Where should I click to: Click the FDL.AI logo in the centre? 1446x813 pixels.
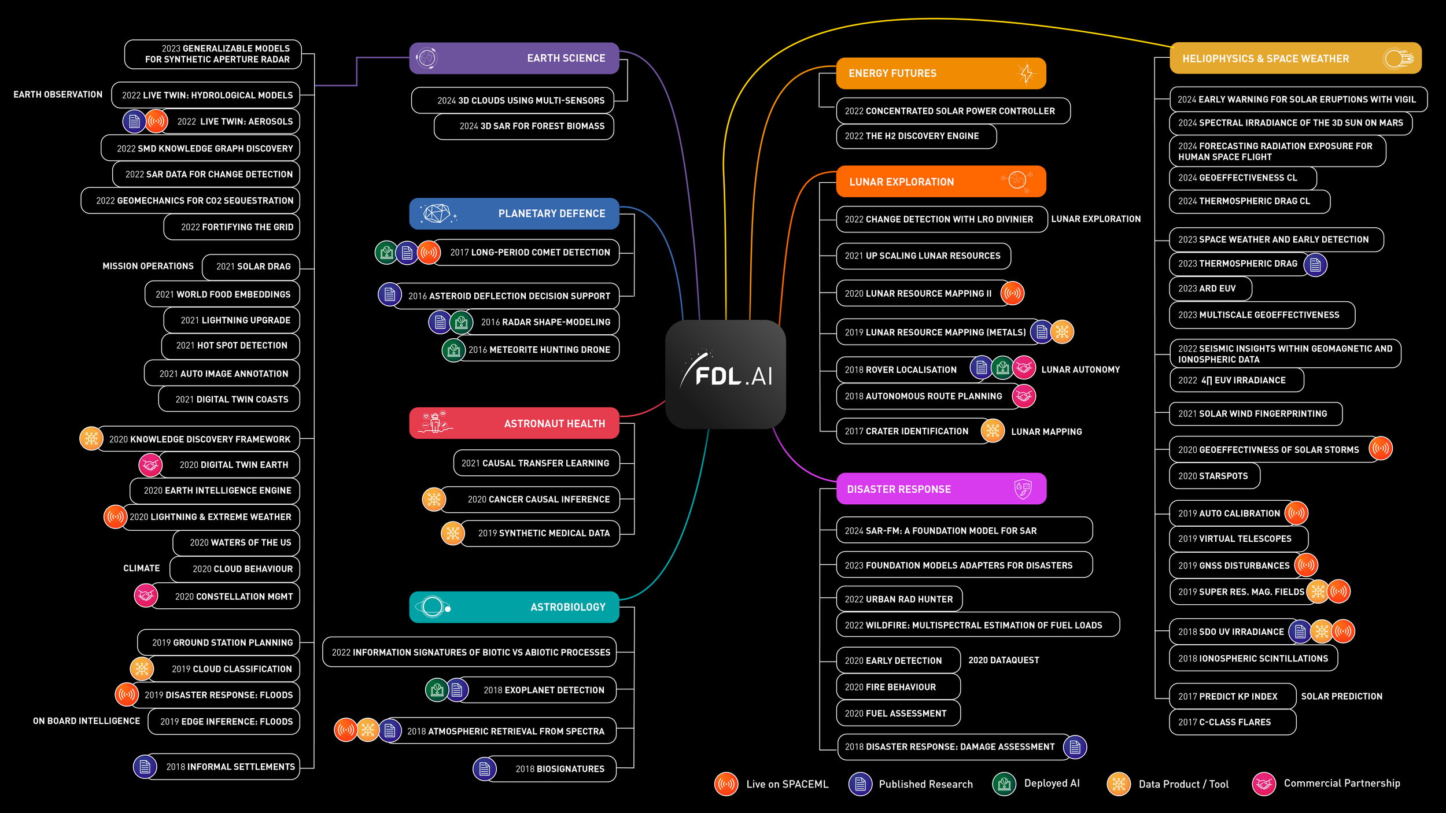tap(725, 375)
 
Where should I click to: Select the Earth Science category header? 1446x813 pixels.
tap(514, 58)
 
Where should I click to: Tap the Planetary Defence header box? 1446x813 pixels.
tap(514, 213)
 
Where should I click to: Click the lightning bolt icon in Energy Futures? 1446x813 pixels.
tap(1026, 73)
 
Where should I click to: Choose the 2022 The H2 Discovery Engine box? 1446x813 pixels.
tap(916, 136)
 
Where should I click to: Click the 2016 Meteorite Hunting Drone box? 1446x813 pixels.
tap(538, 350)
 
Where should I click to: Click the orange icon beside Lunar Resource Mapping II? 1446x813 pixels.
tap(1012, 293)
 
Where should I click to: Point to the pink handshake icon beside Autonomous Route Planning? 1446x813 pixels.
tap(1024, 396)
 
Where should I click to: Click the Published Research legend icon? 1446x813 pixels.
tap(860, 784)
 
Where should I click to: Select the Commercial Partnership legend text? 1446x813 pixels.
tap(1342, 784)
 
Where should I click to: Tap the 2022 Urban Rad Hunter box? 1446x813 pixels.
tap(899, 600)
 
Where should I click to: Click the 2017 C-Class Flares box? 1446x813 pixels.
tap(1232, 722)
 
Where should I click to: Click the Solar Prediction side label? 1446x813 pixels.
tap(1341, 697)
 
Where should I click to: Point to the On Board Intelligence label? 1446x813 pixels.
tap(87, 721)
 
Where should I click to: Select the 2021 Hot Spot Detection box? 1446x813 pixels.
tap(231, 346)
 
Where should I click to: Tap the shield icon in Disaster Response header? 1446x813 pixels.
tap(1023, 489)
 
